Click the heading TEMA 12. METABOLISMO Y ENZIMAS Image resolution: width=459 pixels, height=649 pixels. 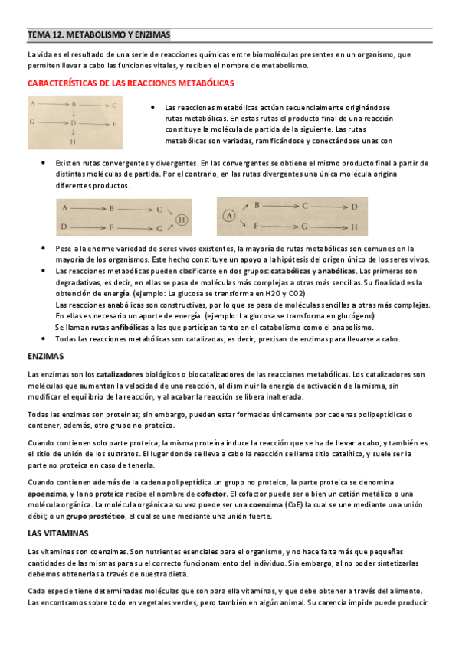(x=99, y=35)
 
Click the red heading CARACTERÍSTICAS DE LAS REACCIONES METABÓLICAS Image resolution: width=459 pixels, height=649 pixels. (x=130, y=83)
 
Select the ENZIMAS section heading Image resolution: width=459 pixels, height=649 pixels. (x=45, y=357)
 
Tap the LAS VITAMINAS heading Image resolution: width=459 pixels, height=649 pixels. (x=58, y=533)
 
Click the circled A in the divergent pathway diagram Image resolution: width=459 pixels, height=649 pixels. (x=228, y=217)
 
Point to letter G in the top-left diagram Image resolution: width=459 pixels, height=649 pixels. (x=32, y=122)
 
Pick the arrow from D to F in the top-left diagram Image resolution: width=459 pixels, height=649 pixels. (x=93, y=122)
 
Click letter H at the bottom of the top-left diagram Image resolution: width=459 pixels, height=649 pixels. (x=73, y=142)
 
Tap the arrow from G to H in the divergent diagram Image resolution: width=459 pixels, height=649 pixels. (x=330, y=227)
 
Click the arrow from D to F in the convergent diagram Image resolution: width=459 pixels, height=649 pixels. (x=87, y=227)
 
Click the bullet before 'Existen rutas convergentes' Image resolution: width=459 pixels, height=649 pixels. (x=43, y=163)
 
